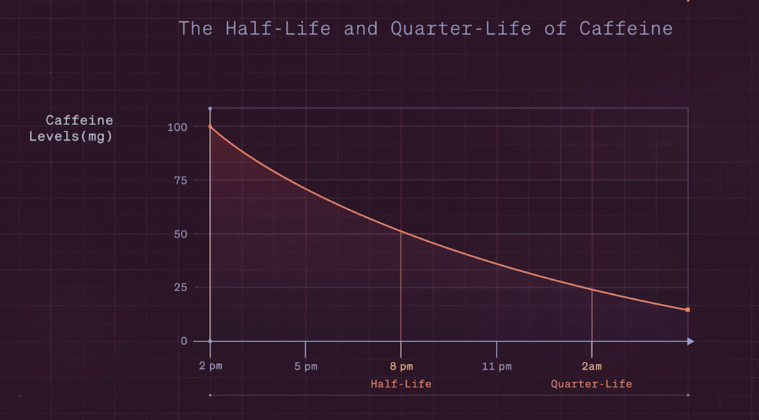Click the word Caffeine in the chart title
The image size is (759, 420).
pos(626,29)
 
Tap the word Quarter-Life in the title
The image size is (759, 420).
pos(461,29)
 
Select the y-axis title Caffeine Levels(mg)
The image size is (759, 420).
pos(71,128)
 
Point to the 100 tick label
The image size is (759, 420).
pos(177,127)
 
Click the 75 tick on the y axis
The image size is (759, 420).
pos(181,181)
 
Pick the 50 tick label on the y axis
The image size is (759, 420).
pos(181,235)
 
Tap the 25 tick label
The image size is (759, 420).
pos(181,288)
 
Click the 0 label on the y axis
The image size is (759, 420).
pos(184,342)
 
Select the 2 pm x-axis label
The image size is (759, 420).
pos(211,366)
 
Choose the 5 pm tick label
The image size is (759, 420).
pos(306,366)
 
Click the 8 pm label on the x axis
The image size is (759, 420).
pos(401,366)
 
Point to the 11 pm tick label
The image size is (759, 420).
pos(497,366)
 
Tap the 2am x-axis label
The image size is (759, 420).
pos(591,366)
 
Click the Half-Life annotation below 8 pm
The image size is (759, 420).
pos(401,384)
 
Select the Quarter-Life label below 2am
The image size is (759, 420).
pos(591,384)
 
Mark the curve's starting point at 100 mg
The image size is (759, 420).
pos(210,126)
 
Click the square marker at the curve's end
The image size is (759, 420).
pos(688,310)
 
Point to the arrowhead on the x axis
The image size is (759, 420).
pos(691,342)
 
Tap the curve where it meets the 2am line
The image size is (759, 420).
pos(592,290)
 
